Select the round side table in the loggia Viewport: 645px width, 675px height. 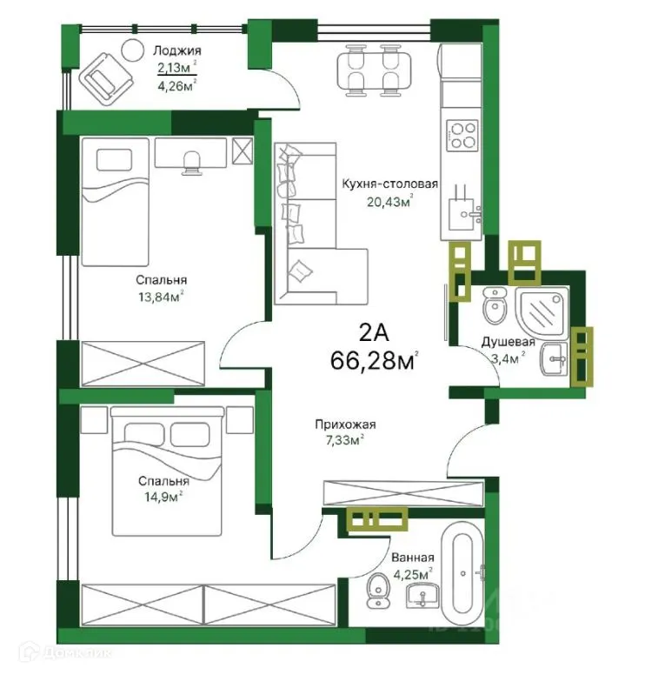pyautogui.click(x=132, y=49)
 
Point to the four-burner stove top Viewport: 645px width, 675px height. pyautogui.click(x=463, y=135)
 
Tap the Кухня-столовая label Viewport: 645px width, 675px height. pyautogui.click(x=389, y=184)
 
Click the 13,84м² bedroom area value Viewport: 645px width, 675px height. pyautogui.click(x=161, y=297)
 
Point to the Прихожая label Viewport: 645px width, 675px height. pyautogui.click(x=345, y=424)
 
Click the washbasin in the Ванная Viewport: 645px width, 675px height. pyautogui.click(x=423, y=596)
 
